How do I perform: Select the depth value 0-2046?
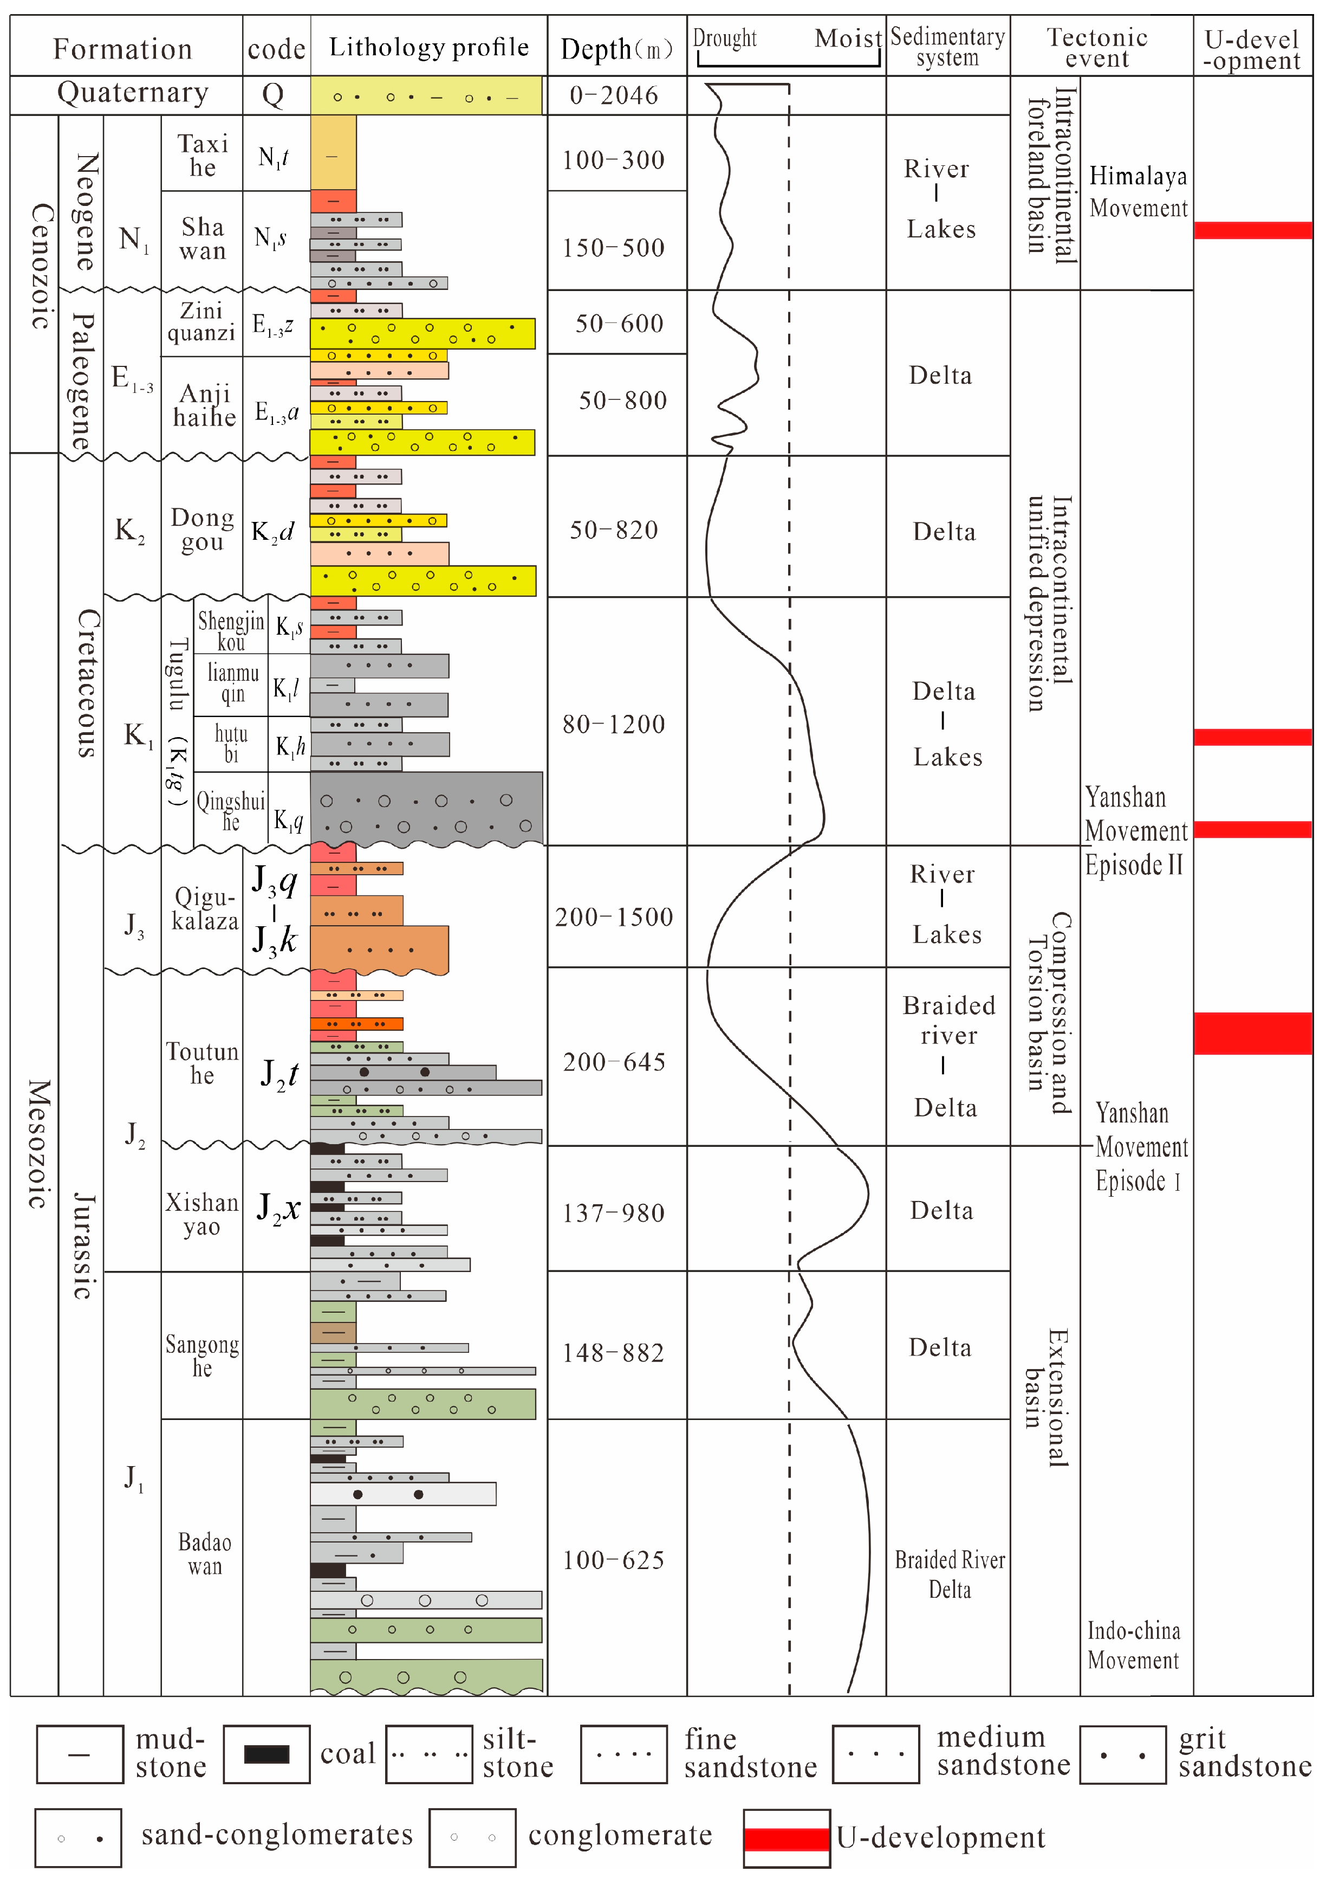point(613,96)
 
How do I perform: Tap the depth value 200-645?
point(614,1062)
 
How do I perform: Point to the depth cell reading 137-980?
point(613,1212)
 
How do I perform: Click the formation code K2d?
point(273,532)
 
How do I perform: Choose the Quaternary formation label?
point(132,93)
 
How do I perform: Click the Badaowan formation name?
point(204,1553)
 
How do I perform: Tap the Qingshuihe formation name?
point(231,811)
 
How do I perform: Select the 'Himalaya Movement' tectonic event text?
point(1138,191)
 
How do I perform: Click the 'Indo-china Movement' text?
point(1133,1645)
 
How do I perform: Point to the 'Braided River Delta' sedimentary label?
point(949,1574)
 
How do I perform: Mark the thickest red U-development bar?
point(1252,1033)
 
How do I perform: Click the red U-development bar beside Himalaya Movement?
point(1252,230)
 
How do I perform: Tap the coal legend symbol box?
point(266,1754)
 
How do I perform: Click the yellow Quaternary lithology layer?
point(426,96)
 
